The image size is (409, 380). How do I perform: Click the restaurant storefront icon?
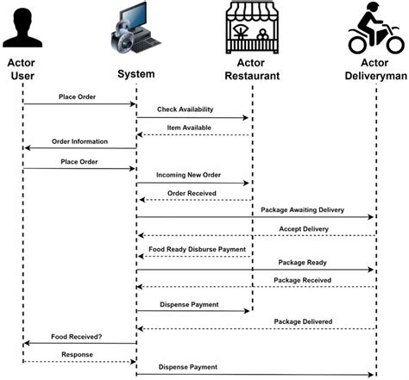pyautogui.click(x=250, y=28)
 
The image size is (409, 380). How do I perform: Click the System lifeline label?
pyautogui.click(x=135, y=74)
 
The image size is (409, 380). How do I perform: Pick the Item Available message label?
pyautogui.click(x=195, y=128)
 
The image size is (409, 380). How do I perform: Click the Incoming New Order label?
pyautogui.click(x=188, y=175)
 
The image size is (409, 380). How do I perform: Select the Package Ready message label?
pyautogui.click(x=301, y=262)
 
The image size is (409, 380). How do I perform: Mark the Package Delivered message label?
pyautogui.click(x=303, y=321)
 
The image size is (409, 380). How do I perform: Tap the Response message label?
pyautogui.click(x=77, y=353)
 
